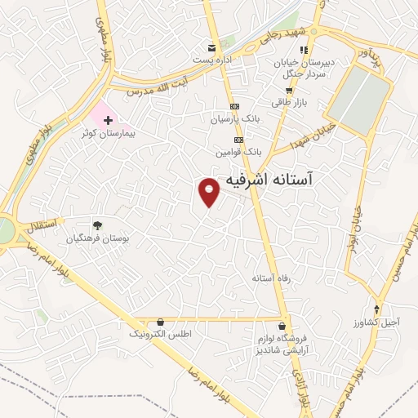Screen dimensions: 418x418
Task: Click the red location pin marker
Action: tap(210, 191)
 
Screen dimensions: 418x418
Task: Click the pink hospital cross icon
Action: tap(108, 119)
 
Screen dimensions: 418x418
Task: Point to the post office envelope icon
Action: tap(212, 47)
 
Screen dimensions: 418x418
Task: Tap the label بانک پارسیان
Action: tap(235, 119)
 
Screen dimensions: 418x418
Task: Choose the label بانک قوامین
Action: tap(238, 152)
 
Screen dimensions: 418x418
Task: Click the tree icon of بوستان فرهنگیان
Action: tap(98, 226)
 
